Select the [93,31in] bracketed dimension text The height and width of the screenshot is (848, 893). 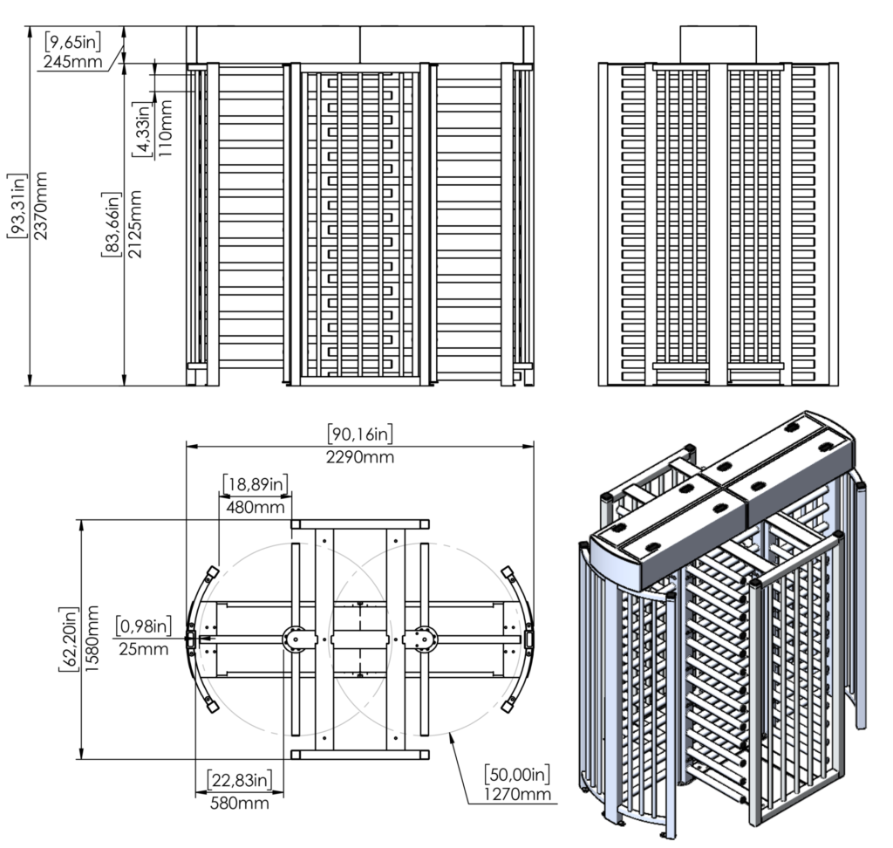coord(16,205)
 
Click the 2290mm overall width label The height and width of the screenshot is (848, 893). coord(360,455)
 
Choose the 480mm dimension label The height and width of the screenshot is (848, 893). coord(255,506)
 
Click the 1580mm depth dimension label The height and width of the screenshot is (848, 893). coord(92,639)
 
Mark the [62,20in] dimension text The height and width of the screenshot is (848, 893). coord(67,639)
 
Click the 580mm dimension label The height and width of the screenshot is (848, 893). coord(239,802)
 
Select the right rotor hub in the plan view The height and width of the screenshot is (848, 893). coord(425,639)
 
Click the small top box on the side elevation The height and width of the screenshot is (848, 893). coord(718,44)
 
